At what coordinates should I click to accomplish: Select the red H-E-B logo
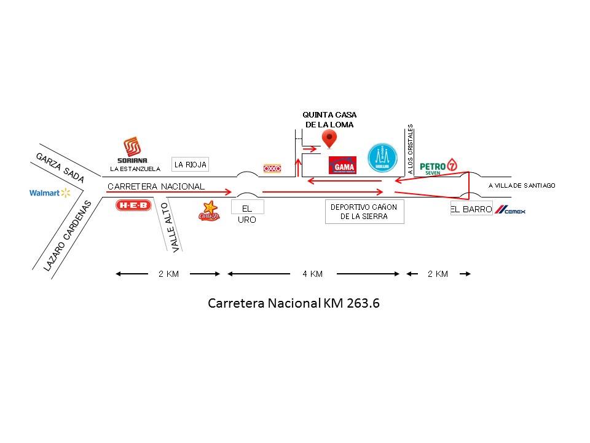pyautogui.click(x=133, y=206)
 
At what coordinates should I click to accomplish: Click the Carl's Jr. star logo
pyautogui.click(x=209, y=211)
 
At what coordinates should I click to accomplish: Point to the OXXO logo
pyautogui.click(x=272, y=168)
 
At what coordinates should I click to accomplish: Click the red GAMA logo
pyautogui.click(x=342, y=165)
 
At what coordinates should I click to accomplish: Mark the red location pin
pyautogui.click(x=329, y=138)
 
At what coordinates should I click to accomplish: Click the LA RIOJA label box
pyautogui.click(x=191, y=164)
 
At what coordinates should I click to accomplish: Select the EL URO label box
pyautogui.click(x=246, y=213)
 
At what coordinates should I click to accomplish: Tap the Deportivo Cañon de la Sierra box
pyautogui.click(x=364, y=212)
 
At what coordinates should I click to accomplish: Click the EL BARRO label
pyautogui.click(x=471, y=209)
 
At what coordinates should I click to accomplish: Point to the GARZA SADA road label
pyautogui.click(x=59, y=167)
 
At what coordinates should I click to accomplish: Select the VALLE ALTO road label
pyautogui.click(x=170, y=228)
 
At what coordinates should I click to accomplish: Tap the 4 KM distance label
pyautogui.click(x=312, y=274)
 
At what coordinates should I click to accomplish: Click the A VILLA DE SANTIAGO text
pyautogui.click(x=522, y=185)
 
